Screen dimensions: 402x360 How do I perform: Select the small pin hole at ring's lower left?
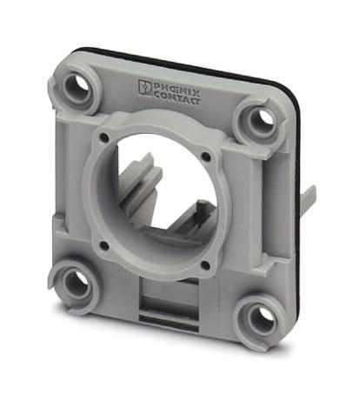(103, 245)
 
